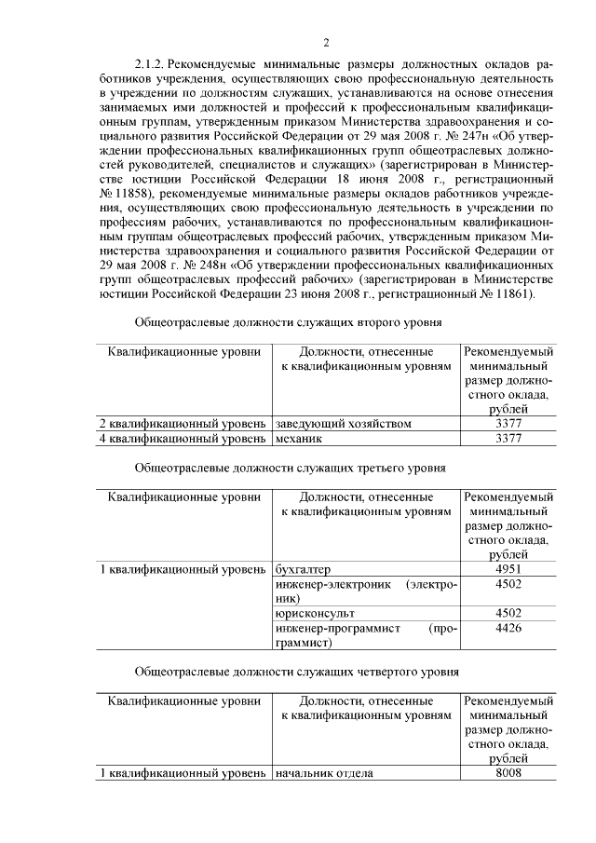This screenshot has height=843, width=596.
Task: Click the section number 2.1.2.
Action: [150, 63]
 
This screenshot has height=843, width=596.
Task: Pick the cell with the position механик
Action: [299, 438]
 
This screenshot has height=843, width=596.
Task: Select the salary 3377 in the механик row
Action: [508, 438]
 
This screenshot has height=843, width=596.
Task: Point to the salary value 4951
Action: [508, 569]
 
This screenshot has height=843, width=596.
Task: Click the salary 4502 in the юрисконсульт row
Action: [508, 613]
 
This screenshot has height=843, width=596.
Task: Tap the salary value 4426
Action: [508, 628]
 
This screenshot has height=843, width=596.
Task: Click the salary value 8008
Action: [508, 773]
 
